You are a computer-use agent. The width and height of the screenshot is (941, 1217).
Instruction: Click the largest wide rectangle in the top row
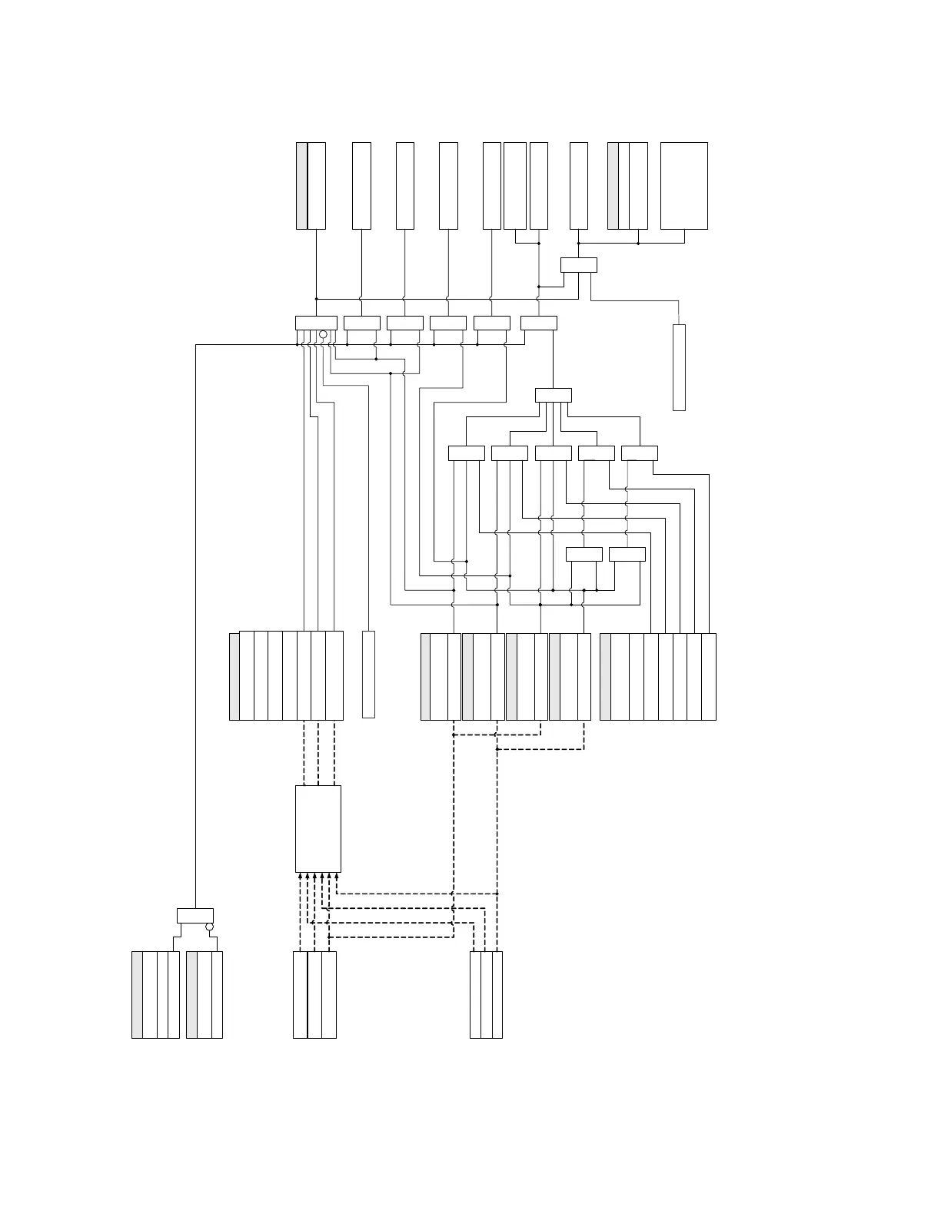683,185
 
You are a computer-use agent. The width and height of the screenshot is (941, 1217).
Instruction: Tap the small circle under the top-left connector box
323,335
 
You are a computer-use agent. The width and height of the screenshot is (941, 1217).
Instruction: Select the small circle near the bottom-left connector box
209,927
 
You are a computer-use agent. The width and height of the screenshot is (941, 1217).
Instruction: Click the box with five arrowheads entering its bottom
318,828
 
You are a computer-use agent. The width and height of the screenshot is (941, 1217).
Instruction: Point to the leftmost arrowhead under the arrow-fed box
299,876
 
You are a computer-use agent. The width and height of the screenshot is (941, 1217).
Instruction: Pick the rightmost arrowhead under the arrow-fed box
337,876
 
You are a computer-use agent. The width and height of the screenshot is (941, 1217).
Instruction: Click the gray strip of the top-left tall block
301,185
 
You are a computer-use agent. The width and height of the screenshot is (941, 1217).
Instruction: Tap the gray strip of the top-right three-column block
613,185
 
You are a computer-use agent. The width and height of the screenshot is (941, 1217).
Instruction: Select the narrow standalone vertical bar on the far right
679,367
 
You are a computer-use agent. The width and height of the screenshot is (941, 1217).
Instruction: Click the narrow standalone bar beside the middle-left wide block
368,675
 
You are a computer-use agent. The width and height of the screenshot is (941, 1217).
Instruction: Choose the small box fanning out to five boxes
554,395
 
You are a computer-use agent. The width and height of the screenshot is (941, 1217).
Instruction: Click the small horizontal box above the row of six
579,265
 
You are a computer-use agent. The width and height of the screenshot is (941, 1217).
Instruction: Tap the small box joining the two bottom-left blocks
195,916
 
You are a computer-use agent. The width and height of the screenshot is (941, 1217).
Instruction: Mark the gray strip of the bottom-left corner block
136,995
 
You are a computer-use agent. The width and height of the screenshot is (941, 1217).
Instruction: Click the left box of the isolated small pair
584,555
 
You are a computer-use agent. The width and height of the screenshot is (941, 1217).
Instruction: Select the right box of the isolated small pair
627,555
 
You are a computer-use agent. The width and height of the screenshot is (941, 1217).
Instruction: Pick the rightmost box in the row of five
640,453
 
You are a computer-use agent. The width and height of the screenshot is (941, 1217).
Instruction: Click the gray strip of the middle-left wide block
234,676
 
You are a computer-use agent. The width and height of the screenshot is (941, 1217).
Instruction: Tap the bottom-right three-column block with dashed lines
486,995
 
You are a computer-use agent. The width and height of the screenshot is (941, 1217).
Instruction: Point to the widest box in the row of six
316,323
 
